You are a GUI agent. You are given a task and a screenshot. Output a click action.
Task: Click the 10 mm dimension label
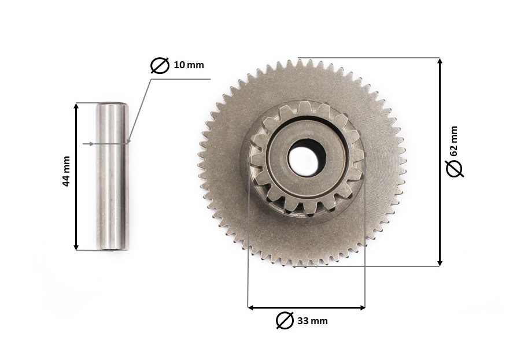pos(189,65)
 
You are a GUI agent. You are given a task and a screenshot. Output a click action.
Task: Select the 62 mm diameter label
pos(453,141)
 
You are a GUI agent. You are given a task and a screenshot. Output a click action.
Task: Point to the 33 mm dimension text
pos(312,321)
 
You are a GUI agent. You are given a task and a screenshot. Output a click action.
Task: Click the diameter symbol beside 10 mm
pos(160,65)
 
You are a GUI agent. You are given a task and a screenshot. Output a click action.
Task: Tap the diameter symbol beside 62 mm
pos(455,168)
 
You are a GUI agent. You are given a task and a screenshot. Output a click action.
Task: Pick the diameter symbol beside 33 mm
pos(285,320)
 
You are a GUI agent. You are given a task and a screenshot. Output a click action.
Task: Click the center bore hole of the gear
pos(307,157)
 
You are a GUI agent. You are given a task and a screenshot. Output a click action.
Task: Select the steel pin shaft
pos(112,176)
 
